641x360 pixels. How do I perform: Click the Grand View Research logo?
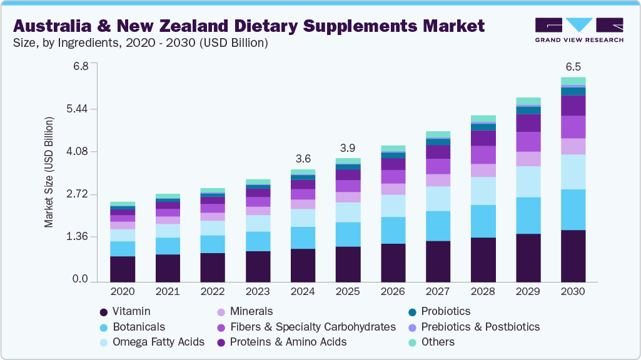pos(579,29)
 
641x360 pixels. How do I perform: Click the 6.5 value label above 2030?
pos(573,66)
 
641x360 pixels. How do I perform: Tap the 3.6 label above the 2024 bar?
pos(303,159)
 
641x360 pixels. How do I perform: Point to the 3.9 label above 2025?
pos(348,148)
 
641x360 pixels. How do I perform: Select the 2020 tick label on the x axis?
pos(123,292)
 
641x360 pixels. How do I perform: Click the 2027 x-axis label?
pos(438,292)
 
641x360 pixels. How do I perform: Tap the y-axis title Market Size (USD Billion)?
pos(49,171)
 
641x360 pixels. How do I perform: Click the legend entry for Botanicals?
pos(139,327)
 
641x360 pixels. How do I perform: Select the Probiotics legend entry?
pos(445,311)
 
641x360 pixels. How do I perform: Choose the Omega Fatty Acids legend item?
pos(158,342)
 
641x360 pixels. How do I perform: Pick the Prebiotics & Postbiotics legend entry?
pos(480,327)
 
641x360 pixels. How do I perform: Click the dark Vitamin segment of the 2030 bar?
pos(573,256)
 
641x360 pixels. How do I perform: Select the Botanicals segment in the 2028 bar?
pos(483,221)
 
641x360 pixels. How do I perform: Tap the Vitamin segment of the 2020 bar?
pos(123,269)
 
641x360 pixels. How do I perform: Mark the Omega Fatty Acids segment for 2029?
pos(528,182)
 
